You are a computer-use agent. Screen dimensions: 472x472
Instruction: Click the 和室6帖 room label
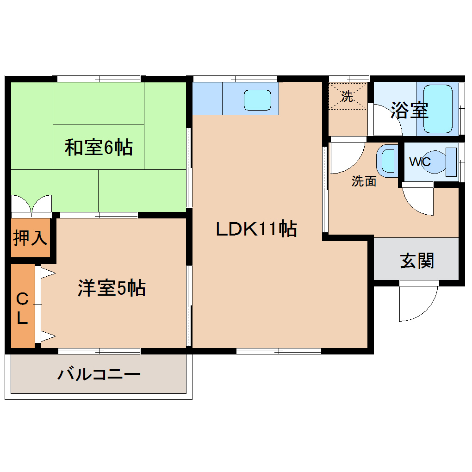(99, 148)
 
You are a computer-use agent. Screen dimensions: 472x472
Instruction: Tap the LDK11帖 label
(256, 229)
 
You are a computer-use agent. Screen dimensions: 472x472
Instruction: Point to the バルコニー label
(99, 373)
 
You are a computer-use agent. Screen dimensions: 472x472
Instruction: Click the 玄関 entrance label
(417, 261)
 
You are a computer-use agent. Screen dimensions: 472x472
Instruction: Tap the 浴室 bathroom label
(410, 110)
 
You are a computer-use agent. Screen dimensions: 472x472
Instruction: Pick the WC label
(420, 162)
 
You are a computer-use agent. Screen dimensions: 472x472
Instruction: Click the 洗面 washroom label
(364, 181)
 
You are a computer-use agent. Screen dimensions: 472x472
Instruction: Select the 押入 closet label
(30, 238)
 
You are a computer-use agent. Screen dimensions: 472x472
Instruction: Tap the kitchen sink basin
(257, 99)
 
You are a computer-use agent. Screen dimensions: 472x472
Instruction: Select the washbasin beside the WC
(387, 161)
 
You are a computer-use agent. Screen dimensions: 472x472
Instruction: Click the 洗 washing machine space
(347, 97)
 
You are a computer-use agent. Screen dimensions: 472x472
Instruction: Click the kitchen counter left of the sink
(207, 99)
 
